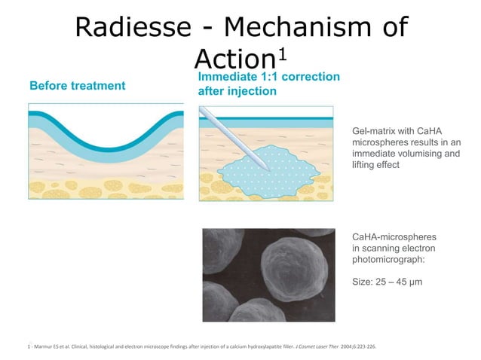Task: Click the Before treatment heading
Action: tap(77, 86)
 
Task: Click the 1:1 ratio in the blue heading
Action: tap(277, 77)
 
